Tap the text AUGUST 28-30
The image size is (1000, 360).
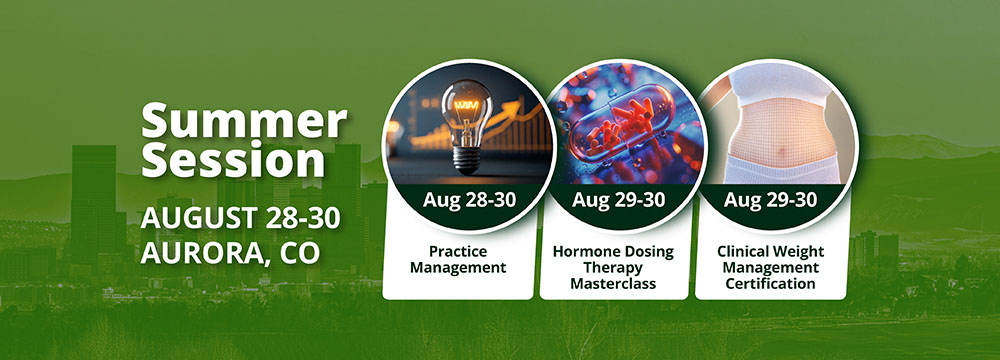click(x=240, y=218)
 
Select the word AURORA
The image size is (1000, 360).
click(x=199, y=253)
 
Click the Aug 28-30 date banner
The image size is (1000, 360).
click(x=469, y=199)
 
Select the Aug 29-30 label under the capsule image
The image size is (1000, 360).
click(x=618, y=199)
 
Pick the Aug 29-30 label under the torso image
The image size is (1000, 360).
click(x=770, y=199)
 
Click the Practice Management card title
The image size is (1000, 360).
click(x=458, y=259)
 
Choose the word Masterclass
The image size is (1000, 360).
click(x=613, y=283)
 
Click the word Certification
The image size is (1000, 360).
click(x=770, y=283)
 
